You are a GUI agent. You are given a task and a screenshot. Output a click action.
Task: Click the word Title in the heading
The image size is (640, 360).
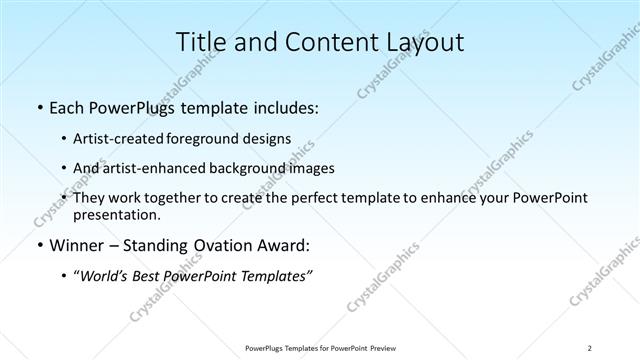(x=201, y=42)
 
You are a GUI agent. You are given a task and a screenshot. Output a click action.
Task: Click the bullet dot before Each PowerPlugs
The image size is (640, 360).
(x=38, y=106)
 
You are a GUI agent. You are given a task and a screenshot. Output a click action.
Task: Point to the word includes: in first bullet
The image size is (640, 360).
(x=283, y=106)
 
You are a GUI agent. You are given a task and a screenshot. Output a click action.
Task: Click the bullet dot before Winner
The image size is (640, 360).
(x=38, y=245)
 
